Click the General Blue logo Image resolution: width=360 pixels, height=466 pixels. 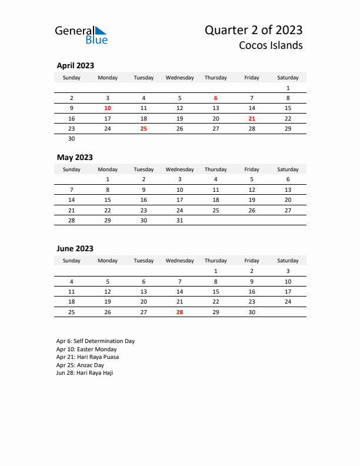coord(81,35)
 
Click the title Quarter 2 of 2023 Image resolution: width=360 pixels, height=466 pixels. coord(254,30)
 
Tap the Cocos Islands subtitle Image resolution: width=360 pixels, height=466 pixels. coord(271,45)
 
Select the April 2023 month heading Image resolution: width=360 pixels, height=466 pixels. coord(75,66)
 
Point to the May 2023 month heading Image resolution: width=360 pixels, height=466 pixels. coord(75,158)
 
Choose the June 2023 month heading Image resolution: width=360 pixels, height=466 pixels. coord(75,249)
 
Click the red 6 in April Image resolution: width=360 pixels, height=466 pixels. coord(216,98)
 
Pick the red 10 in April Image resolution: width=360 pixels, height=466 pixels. coord(108,108)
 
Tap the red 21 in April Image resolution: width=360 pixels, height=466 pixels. coord(252,118)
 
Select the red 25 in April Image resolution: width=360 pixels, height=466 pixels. coord(144,128)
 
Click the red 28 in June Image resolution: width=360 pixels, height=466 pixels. coord(180,312)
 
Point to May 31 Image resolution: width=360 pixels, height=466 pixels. coord(180,221)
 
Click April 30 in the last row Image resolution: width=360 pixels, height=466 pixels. coord(72,139)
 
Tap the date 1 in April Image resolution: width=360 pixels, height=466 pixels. coord(288,88)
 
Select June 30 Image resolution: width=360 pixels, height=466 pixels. coord(252,312)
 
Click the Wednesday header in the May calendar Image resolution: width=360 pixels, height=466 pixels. coord(180,169)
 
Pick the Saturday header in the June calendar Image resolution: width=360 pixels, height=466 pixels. coord(288,261)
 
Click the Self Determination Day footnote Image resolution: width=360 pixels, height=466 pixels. coord(95,341)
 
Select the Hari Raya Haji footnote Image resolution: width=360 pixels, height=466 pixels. coord(85,373)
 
